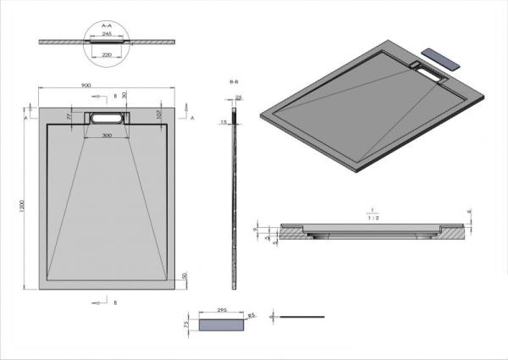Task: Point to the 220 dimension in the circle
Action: [x=108, y=53]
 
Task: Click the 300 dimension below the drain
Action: [x=107, y=136]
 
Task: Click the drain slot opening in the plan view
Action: [x=107, y=119]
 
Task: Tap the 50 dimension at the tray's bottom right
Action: [x=183, y=276]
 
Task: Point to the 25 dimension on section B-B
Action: [x=239, y=98]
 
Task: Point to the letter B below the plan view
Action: [x=115, y=302]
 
